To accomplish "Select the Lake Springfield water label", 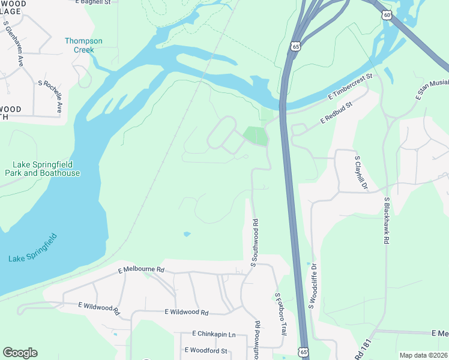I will click(34, 248).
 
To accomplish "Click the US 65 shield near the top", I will click(294, 46).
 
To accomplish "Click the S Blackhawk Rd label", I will click(387, 220).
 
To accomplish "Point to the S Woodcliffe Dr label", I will click(312, 285).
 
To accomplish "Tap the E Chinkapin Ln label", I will click(214, 334).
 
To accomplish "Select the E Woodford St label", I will click(206, 350).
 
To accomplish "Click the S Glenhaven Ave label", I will click(13, 36).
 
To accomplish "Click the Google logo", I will click(20, 353).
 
